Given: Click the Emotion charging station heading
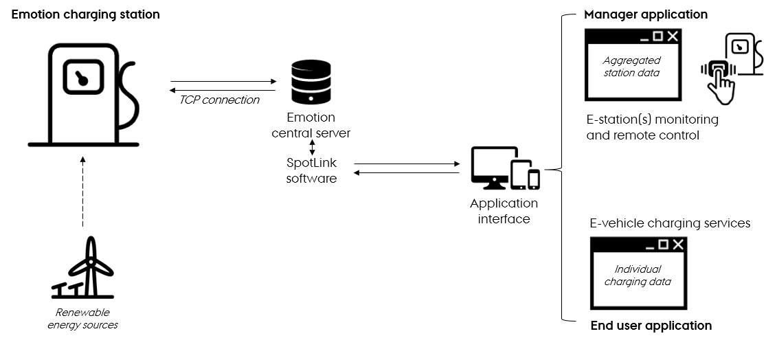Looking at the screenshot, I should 86,14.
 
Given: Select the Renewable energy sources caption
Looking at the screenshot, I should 83,319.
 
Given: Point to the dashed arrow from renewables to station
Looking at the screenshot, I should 82,192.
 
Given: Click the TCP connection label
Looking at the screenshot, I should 219,100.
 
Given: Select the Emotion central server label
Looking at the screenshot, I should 311,126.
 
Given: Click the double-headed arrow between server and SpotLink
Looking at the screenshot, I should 312,147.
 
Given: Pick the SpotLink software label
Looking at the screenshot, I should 312,171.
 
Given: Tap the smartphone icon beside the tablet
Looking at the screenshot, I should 534,179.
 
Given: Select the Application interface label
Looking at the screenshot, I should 504,212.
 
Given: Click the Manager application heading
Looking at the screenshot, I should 646,14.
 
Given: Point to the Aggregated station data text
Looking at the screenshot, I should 631,67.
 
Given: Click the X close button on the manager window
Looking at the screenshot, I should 673,36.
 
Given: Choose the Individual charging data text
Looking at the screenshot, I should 638,275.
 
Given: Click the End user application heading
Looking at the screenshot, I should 651,326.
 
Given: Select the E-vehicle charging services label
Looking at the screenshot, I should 670,223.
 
